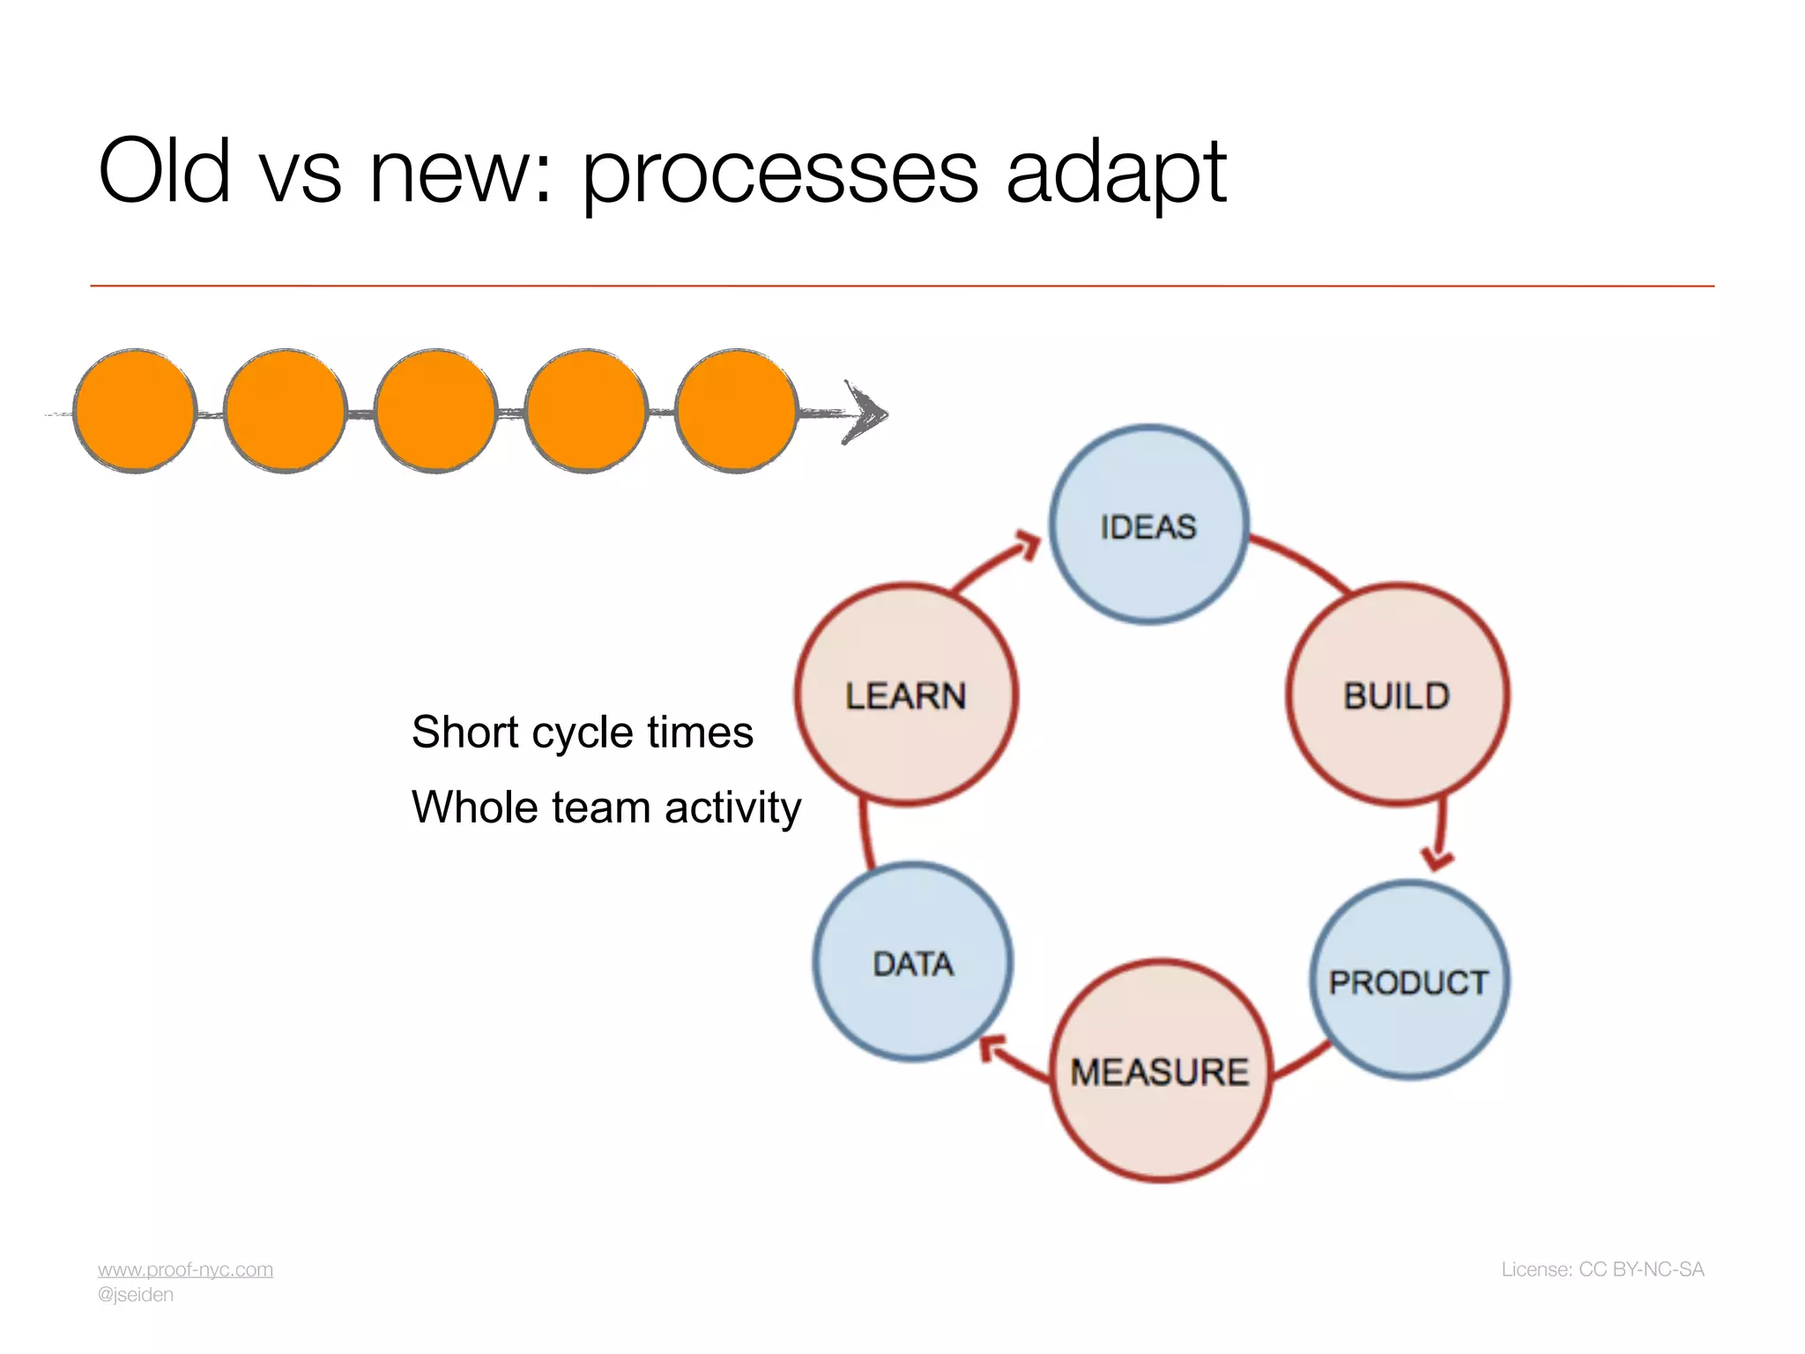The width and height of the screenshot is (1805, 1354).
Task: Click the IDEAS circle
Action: [1148, 526]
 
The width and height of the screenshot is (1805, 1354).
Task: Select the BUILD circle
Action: [1397, 696]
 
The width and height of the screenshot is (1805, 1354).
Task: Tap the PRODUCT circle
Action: [1408, 981]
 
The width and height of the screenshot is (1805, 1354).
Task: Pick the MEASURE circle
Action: [1160, 1071]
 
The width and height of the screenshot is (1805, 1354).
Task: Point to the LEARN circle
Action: [906, 696]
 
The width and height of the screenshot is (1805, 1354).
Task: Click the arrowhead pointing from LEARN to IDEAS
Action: [1028, 544]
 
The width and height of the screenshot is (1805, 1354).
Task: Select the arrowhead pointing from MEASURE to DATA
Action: [993, 1048]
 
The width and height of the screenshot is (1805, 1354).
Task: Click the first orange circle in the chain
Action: [135, 411]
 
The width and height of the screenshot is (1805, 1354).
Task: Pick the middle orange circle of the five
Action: [435, 411]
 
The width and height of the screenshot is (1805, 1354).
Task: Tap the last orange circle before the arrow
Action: [736, 411]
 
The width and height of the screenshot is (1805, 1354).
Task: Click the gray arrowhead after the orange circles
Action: [865, 413]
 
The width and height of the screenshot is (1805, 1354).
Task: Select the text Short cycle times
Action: [582, 732]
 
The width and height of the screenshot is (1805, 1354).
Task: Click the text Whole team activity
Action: [606, 807]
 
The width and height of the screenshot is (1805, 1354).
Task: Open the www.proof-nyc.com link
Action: [185, 1269]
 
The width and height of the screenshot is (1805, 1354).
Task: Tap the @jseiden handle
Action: [136, 1295]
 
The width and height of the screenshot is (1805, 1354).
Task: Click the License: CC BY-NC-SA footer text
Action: [1602, 1269]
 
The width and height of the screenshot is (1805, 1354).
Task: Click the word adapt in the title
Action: [1116, 172]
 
